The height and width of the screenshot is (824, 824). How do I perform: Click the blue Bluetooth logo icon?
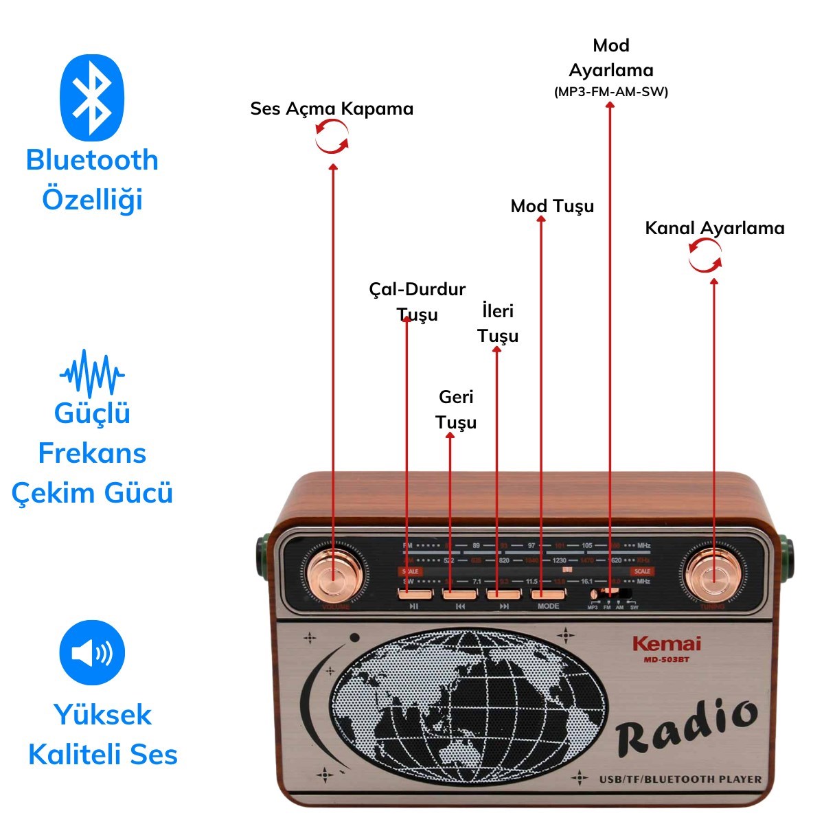click(x=92, y=97)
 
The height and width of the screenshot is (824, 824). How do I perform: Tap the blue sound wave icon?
click(x=92, y=374)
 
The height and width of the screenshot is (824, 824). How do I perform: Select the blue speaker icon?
click(x=92, y=652)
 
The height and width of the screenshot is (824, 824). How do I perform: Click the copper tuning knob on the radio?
click(x=714, y=572)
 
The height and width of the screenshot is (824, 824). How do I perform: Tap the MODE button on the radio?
click(x=547, y=593)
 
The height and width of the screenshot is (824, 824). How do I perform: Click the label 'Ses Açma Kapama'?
click(x=332, y=108)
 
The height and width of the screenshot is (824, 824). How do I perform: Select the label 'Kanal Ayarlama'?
click(x=714, y=228)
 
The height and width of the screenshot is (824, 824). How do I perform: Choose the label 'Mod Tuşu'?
click(x=552, y=206)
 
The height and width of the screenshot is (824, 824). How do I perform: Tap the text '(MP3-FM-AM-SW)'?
click(x=610, y=91)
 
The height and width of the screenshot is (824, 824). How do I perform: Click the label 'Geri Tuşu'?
click(x=456, y=409)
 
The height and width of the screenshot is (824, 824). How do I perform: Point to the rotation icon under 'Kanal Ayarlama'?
click(x=705, y=255)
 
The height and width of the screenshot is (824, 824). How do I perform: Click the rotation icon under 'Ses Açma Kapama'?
click(x=332, y=136)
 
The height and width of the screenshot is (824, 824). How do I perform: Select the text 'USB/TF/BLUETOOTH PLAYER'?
click(x=680, y=779)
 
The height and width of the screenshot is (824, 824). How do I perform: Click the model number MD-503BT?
click(x=666, y=660)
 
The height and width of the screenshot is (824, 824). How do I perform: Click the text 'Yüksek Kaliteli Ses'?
click(x=103, y=734)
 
